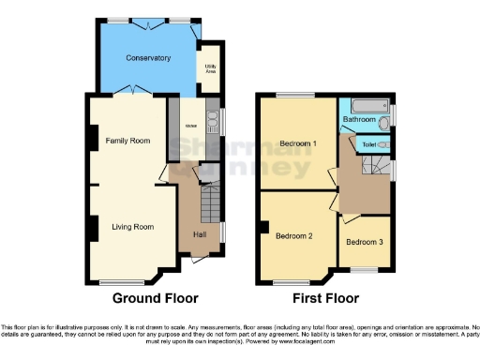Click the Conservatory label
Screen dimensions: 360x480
coord(149,58)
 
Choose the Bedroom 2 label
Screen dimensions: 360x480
coord(293,235)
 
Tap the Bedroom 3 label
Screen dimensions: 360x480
coord(364,242)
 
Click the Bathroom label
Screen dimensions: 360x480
coord(359,120)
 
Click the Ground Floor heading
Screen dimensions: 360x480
coord(155,299)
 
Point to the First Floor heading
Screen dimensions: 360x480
coord(327,299)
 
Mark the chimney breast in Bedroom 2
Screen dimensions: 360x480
coord(265,226)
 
